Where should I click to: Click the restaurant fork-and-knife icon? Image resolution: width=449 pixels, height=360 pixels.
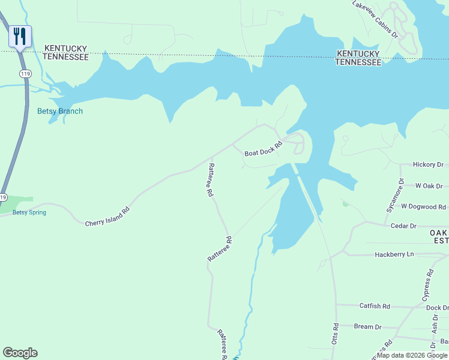coord(20,37)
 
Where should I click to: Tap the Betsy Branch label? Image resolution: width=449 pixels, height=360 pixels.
coord(60,111)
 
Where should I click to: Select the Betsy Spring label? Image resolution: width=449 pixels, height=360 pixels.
coord(29,212)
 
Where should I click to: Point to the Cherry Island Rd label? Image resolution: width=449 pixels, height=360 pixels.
coord(107,215)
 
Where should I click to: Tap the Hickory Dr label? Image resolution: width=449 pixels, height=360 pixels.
coord(428,164)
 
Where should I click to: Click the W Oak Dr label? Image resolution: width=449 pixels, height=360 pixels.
coord(429,186)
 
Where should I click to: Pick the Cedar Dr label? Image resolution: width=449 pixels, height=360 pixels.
coord(404,226)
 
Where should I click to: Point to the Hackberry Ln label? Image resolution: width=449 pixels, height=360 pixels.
coord(394,254)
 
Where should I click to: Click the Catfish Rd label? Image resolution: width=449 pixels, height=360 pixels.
coord(375,307)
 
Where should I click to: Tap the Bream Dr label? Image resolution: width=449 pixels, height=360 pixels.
coord(368,327)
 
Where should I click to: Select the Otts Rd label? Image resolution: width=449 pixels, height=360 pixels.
coord(336,334)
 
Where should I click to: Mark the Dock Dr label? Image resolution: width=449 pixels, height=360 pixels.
coord(438,308)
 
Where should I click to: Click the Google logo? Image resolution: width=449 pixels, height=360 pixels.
coord(20,353)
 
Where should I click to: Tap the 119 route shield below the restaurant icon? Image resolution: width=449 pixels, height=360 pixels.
coord(25,73)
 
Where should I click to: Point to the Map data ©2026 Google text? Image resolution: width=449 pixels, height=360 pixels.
coord(412,356)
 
